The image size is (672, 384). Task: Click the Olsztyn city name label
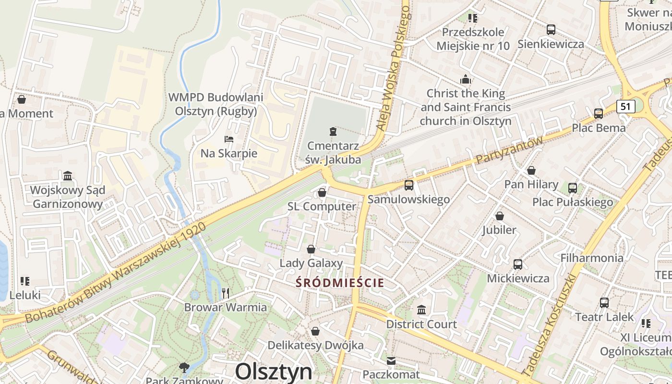[274, 372]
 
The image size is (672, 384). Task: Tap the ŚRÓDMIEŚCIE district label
[340, 283]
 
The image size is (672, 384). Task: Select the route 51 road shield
[625, 106]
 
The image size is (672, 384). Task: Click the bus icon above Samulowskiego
[409, 185]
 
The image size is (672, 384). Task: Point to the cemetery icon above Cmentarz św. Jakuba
[333, 131]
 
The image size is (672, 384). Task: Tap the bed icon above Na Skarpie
[229, 139]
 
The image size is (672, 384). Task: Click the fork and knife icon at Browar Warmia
[226, 293]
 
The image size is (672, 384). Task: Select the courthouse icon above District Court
[421, 310]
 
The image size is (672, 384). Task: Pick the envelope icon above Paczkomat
[391, 360]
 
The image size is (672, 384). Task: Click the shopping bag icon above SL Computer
[322, 192]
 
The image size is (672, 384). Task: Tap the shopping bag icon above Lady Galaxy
[311, 249]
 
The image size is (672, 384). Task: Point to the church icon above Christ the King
[465, 79]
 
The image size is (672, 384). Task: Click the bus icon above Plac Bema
[598, 114]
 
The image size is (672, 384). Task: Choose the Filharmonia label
[592, 258]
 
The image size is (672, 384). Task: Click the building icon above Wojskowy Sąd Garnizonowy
[67, 176]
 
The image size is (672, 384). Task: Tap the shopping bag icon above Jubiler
[500, 216]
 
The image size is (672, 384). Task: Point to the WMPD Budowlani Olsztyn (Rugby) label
[216, 104]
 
